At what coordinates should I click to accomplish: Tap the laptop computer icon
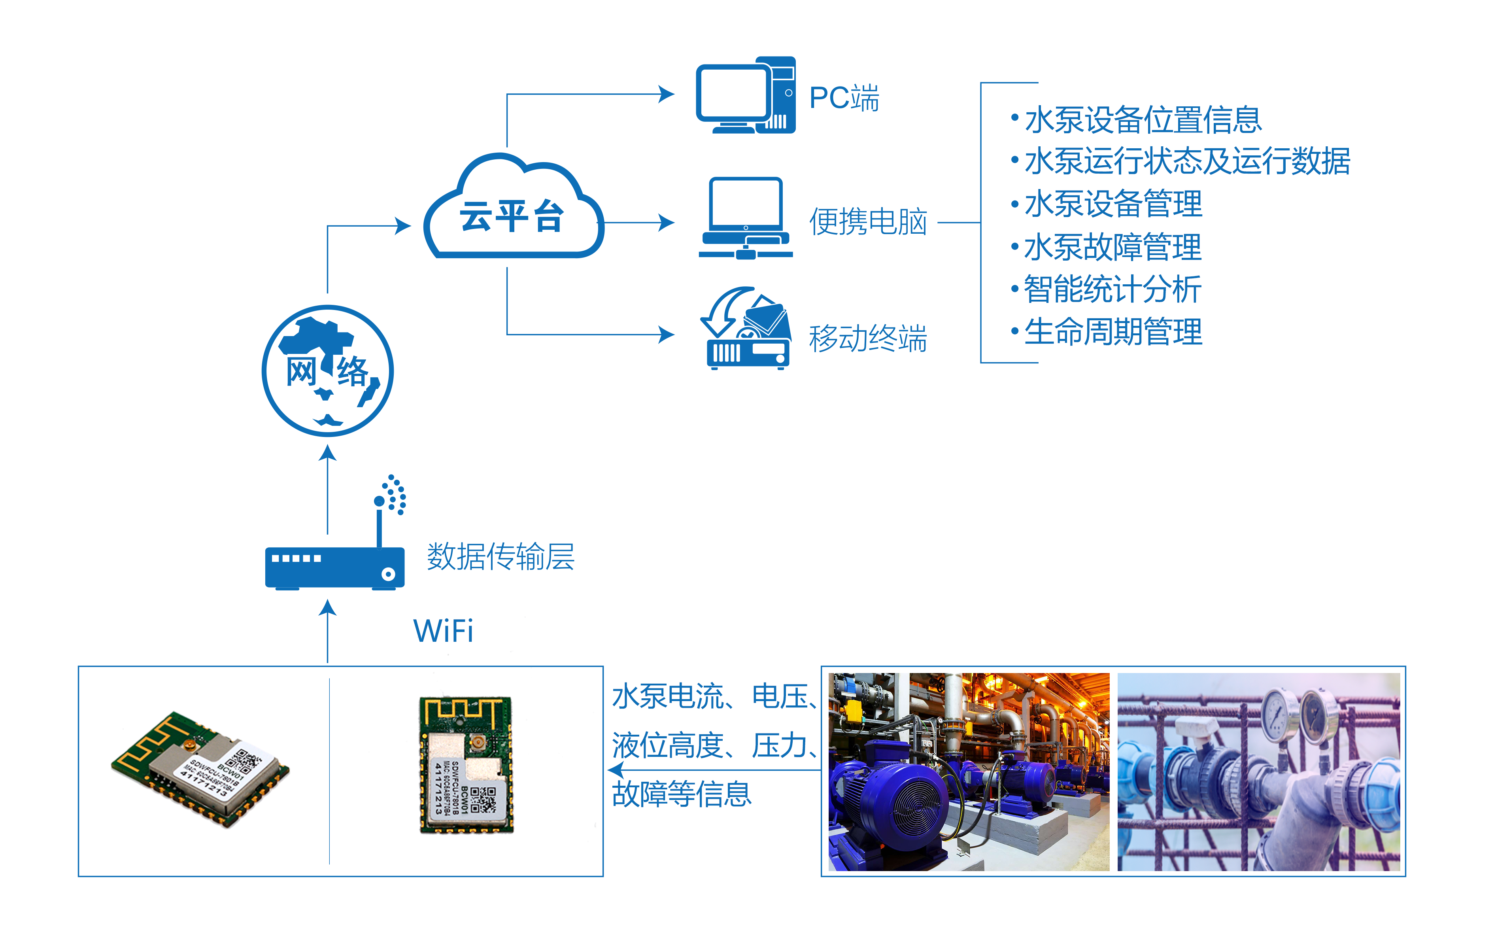coord(746,217)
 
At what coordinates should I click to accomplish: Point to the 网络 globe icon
coord(327,371)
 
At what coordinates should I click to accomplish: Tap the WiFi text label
coord(443,631)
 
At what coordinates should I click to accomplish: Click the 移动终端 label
coord(868,338)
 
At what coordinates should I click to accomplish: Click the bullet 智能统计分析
coord(1112,289)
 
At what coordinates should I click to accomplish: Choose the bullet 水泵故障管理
coord(1112,247)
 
